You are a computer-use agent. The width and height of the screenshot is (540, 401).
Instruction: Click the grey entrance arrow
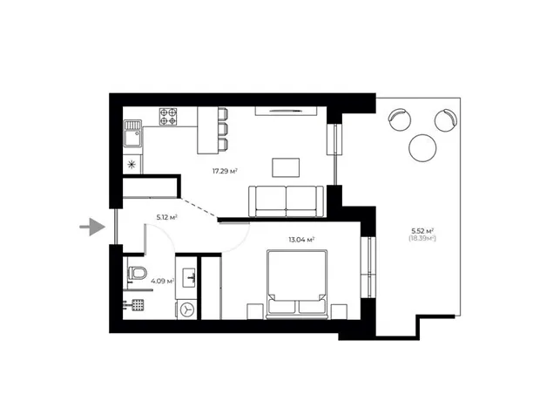click(92, 227)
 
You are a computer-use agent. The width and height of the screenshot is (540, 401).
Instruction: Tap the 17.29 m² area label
click(226, 171)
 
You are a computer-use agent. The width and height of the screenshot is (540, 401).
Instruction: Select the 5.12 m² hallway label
click(167, 217)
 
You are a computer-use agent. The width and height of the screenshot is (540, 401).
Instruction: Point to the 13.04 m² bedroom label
click(301, 240)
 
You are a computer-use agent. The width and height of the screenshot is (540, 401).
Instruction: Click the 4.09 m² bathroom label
click(162, 281)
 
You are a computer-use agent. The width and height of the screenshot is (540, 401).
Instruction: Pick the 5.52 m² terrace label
click(422, 231)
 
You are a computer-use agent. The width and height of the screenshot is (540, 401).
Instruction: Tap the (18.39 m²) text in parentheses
click(422, 238)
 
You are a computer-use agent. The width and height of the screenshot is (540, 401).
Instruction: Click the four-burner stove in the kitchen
click(168, 117)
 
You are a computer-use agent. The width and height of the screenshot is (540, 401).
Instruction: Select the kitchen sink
click(132, 133)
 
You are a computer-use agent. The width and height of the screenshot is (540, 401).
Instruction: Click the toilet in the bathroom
click(137, 274)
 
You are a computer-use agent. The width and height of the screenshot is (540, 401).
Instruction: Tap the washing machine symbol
click(187, 309)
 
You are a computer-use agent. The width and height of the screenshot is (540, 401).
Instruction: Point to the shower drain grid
click(138, 305)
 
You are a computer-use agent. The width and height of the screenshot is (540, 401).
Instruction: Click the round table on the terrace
click(422, 147)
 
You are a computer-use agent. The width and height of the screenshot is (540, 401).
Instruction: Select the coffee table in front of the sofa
click(286, 167)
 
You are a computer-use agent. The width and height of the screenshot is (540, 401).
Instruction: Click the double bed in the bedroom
click(296, 284)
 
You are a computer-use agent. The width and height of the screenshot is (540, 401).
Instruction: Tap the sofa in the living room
click(287, 201)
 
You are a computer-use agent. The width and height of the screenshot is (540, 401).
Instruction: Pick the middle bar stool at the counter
click(223, 129)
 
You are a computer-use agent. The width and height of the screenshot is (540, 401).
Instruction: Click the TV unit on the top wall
click(286, 111)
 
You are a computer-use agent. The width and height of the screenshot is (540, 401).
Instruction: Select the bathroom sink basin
click(188, 277)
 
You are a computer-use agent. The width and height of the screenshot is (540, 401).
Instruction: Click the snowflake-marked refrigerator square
click(132, 165)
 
